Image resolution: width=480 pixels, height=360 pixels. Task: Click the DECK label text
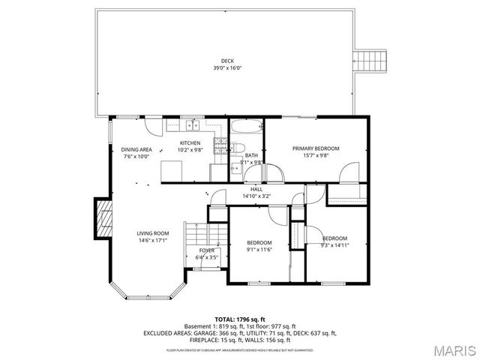226,61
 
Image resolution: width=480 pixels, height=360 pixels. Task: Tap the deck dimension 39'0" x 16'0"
226,68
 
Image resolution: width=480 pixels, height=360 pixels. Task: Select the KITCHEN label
190,142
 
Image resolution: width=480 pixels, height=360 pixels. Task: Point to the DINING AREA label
136,149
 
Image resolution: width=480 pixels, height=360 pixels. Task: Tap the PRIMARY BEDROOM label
316,148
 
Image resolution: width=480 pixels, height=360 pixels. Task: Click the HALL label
256,189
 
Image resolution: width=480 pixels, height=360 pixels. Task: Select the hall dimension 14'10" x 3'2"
256,196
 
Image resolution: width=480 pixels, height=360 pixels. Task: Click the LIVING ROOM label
152,233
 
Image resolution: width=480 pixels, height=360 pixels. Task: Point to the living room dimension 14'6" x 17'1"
152,241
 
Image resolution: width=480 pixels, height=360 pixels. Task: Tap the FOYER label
207,250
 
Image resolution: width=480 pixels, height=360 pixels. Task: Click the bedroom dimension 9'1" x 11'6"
259,250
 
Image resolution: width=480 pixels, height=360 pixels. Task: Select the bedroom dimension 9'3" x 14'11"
334,245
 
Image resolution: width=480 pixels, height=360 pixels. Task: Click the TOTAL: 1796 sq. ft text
240,319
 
